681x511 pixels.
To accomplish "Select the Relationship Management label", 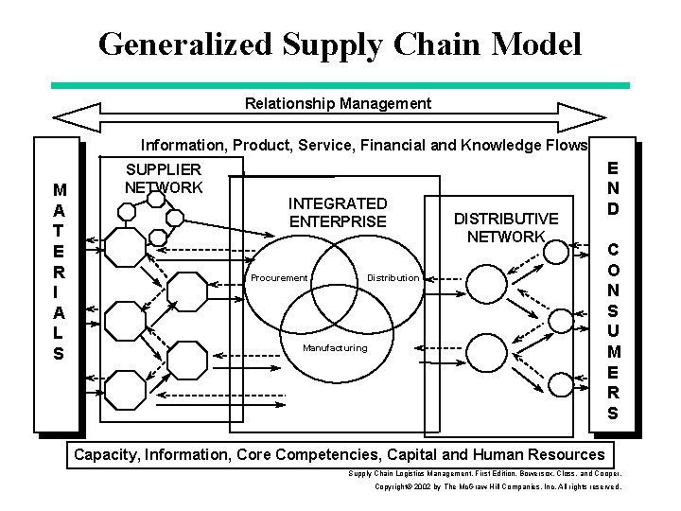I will click(x=338, y=103).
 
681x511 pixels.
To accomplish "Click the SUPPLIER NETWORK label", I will click(x=164, y=178).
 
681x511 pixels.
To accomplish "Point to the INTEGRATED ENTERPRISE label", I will click(x=338, y=212).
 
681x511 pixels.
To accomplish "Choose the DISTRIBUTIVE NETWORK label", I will click(x=506, y=227).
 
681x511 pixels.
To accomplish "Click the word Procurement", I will click(x=279, y=277).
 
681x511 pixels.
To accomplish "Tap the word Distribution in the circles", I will click(x=393, y=277).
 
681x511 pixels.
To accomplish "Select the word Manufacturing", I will click(x=335, y=347).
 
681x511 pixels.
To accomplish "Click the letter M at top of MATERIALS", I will click(x=60, y=189).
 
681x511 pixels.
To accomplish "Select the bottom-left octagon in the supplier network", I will click(x=124, y=389).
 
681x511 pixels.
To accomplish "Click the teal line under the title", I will click(x=340, y=85).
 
